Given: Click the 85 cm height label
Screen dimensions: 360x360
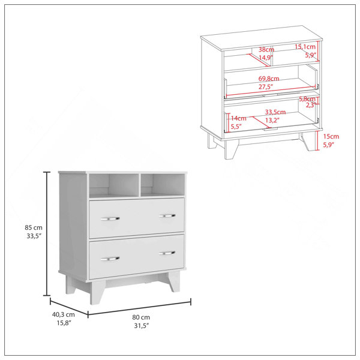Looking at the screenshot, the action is pos(34,227).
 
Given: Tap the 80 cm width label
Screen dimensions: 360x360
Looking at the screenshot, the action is pos(141,317).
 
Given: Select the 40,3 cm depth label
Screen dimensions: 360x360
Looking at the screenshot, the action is pos(64,314).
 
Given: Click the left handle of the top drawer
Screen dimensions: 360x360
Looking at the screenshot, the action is pos(110,219).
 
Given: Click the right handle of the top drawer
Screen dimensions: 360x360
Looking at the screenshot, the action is pos(167,215).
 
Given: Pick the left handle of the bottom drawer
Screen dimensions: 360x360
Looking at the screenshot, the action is pos(110,259).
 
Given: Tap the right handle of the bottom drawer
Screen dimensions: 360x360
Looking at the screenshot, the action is pos(167,253).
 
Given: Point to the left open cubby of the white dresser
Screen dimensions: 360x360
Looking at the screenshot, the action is pos(114,185).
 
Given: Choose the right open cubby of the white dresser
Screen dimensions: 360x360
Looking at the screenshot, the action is pos(163,185).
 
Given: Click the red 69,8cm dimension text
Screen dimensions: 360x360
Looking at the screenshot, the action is pos(269,79).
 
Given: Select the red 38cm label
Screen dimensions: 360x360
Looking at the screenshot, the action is pos(266,50).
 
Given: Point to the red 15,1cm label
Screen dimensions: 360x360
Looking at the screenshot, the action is pos(305,47).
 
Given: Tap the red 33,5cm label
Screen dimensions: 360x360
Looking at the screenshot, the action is pos(275,112).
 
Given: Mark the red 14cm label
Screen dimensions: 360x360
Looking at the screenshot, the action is pos(239,118).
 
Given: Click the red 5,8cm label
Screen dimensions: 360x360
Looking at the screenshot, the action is pos(307,99).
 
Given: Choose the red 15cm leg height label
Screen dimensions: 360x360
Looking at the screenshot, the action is pos(331,136).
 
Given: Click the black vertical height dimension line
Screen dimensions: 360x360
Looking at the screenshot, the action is pos(47,234).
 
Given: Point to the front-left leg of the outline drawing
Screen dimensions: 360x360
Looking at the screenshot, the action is pos(231,149).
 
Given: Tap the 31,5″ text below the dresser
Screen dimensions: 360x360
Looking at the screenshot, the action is pos(141,326).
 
